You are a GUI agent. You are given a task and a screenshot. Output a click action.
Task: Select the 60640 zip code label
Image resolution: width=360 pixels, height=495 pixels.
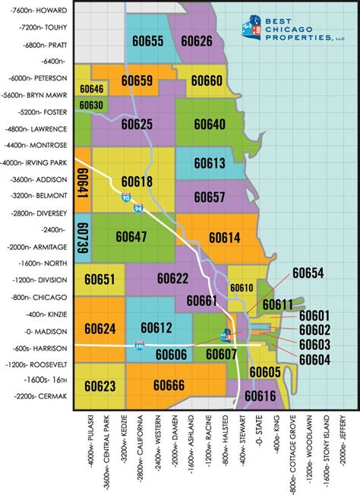tap(209, 124)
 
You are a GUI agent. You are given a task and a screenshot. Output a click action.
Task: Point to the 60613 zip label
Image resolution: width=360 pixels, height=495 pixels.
tap(209, 162)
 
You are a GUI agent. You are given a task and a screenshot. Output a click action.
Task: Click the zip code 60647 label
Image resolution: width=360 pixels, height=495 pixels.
tap(131, 237)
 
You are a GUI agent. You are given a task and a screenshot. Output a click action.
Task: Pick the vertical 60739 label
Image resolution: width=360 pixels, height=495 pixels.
tap(83, 238)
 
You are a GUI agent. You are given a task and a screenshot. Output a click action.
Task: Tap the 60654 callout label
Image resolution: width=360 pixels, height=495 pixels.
tap(308, 273)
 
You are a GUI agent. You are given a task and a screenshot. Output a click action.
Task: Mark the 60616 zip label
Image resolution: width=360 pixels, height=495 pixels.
tap(261, 396)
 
